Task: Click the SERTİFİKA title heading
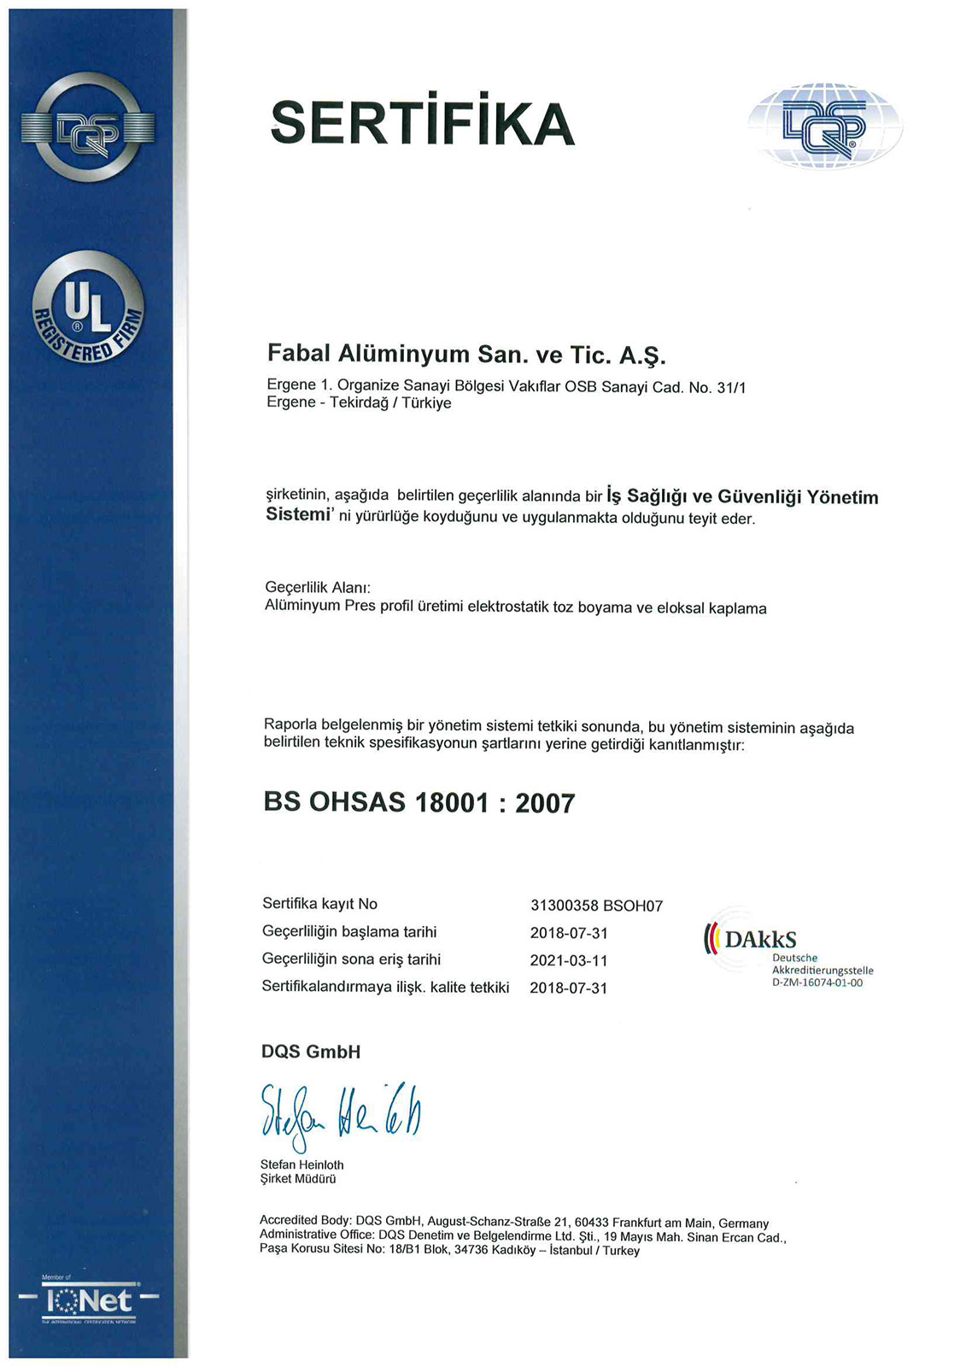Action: pos(423,122)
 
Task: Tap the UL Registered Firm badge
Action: pos(88,308)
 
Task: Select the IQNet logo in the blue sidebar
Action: pos(89,1301)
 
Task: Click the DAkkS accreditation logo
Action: pos(752,939)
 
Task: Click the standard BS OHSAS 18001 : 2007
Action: pos(419,803)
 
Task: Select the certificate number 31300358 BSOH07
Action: pos(596,906)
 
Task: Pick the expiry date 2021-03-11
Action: pos(569,960)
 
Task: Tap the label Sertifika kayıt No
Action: pos(319,904)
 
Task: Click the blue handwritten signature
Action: pos(340,1112)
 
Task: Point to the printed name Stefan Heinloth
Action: pos(302,1165)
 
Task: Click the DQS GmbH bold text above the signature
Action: pos(311,1052)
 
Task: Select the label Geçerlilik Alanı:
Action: pos(318,588)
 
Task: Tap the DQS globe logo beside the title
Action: pos(824,126)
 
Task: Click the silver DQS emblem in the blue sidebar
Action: pos(88,128)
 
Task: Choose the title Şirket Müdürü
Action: pos(298,1179)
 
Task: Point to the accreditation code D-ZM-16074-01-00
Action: pos(817,983)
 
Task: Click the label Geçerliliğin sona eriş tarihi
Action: pos(351,959)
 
